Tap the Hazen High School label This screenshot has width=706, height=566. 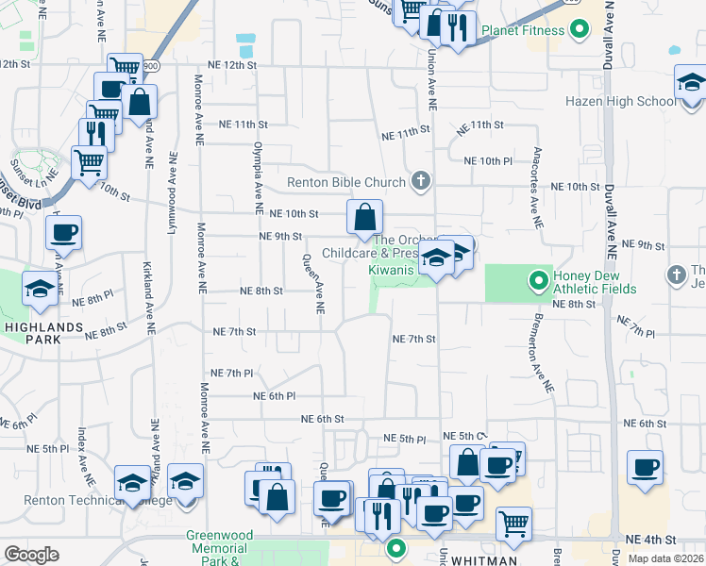click(x=618, y=101)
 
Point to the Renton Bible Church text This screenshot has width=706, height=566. click(x=346, y=181)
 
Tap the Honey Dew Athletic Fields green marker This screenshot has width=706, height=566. click(x=538, y=280)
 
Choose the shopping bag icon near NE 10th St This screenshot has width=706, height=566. click(x=364, y=219)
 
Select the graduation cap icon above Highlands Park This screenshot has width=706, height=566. click(x=40, y=290)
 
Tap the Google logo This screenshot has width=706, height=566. click(x=31, y=555)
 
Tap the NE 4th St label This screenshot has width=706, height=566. click(x=657, y=540)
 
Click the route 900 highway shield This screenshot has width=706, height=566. click(x=151, y=66)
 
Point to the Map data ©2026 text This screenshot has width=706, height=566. click(x=664, y=558)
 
